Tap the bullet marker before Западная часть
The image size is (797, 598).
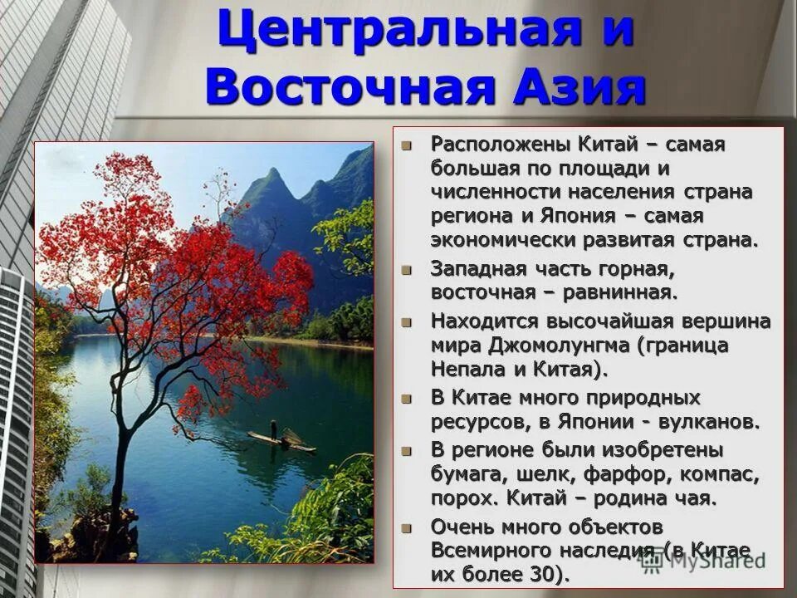click(x=406, y=270)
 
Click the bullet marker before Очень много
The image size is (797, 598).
click(x=406, y=527)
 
